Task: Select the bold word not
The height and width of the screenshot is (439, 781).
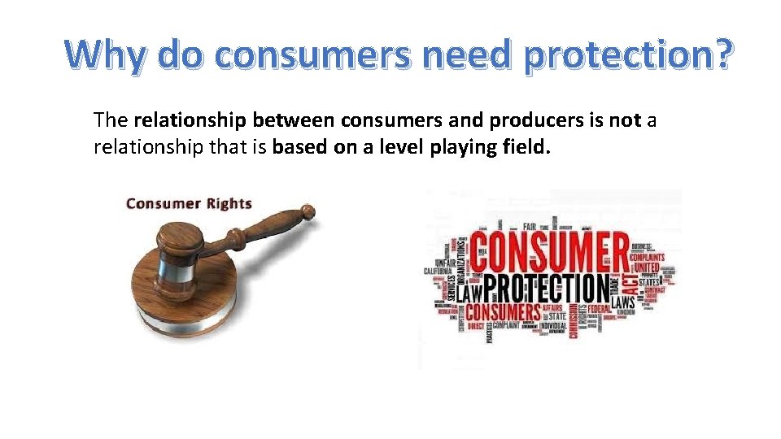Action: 625,120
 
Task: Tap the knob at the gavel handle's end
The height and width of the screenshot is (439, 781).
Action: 306,214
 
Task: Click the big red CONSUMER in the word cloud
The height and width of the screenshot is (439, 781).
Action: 549,251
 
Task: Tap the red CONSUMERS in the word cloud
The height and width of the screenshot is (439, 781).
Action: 504,312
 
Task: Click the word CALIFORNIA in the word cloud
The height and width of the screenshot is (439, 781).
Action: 437,271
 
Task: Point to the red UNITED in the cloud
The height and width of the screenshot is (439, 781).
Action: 647,267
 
